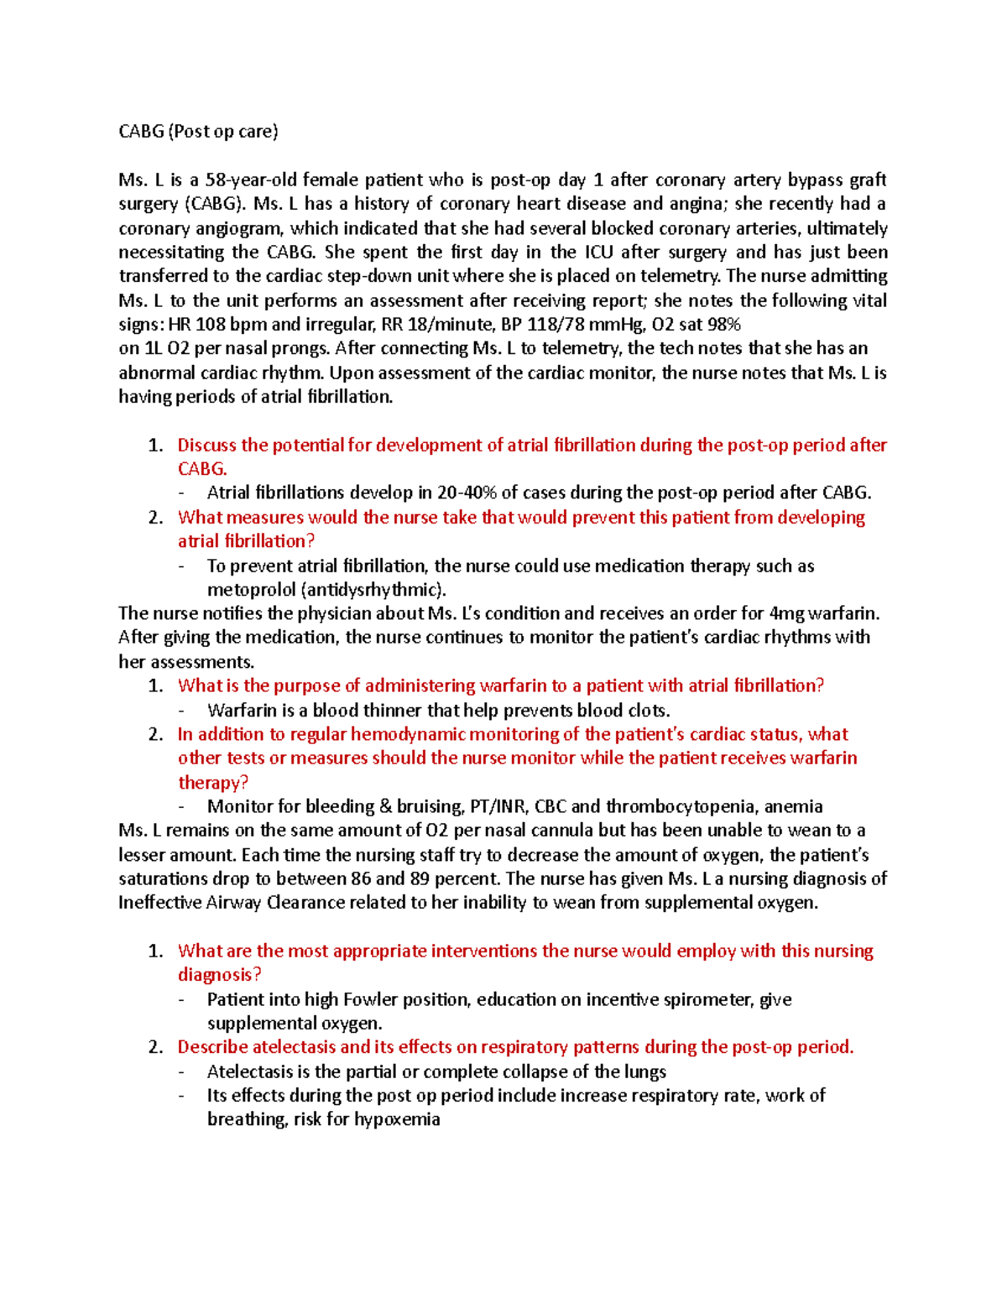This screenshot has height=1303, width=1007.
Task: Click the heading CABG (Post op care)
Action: coord(198,132)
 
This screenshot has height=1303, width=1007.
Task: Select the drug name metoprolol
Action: coord(250,590)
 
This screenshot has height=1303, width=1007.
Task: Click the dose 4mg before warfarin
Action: coord(785,614)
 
